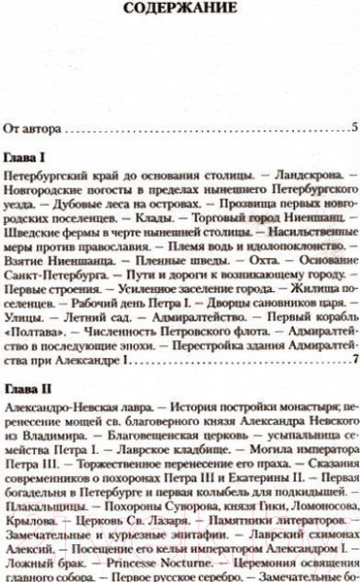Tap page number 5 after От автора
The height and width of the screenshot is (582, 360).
pos(355,128)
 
